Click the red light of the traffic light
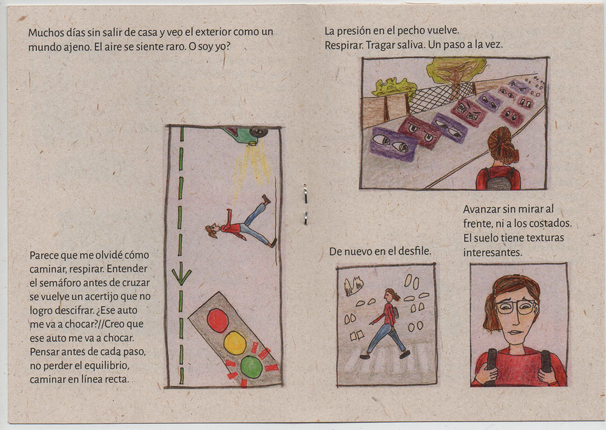coord(218,320)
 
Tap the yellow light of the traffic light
coord(235,342)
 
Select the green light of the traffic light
coord(251,367)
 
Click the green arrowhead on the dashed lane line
coord(181,277)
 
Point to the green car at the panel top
coord(246,135)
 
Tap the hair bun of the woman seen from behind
coord(502,144)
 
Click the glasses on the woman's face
coord(516,308)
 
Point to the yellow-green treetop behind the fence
coord(456,69)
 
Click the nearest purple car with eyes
coord(393,144)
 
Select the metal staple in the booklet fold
coord(305,205)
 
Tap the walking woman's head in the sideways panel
coord(212,231)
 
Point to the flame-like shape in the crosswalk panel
coord(353,286)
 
